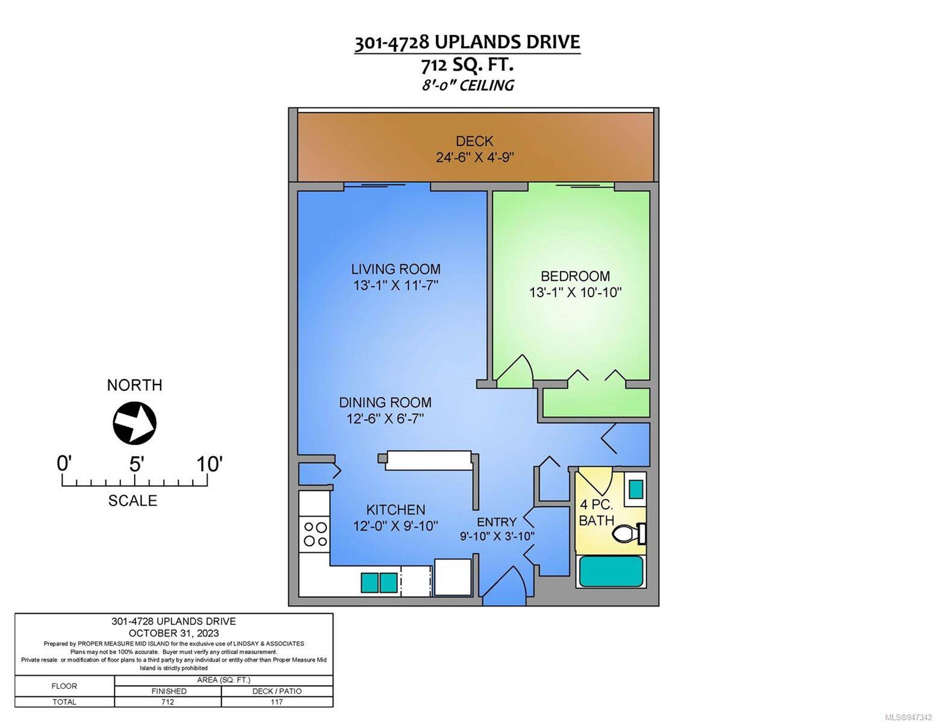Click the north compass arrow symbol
point(135,423)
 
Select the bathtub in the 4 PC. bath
point(610,572)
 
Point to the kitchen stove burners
point(315,534)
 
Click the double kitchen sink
point(379,583)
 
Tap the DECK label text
point(474,141)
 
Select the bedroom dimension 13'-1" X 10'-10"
point(575,292)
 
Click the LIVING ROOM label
point(396,269)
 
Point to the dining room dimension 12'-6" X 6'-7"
point(385,419)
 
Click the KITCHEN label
point(396,510)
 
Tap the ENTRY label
point(497,522)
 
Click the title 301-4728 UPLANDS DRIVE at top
point(467,43)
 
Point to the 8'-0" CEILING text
point(467,85)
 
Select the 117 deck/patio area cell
point(276,702)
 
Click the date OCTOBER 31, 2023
point(173,633)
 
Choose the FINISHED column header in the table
point(169,691)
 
